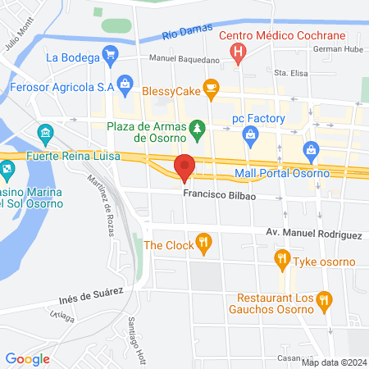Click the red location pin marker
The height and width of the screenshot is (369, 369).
coord(184,166)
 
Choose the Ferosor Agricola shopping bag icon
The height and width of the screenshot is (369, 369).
coord(124,82)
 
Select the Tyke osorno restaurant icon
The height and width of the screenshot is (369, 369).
coord(283,261)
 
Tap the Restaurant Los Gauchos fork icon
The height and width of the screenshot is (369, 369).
coord(326,302)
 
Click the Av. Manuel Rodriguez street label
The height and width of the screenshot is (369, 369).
coord(313,235)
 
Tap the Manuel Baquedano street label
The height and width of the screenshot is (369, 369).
coord(184,60)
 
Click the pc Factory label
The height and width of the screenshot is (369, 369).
coord(257,119)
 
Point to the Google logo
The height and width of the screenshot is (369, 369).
coord(27,358)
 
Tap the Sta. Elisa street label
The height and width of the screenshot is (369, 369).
coord(290,73)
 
